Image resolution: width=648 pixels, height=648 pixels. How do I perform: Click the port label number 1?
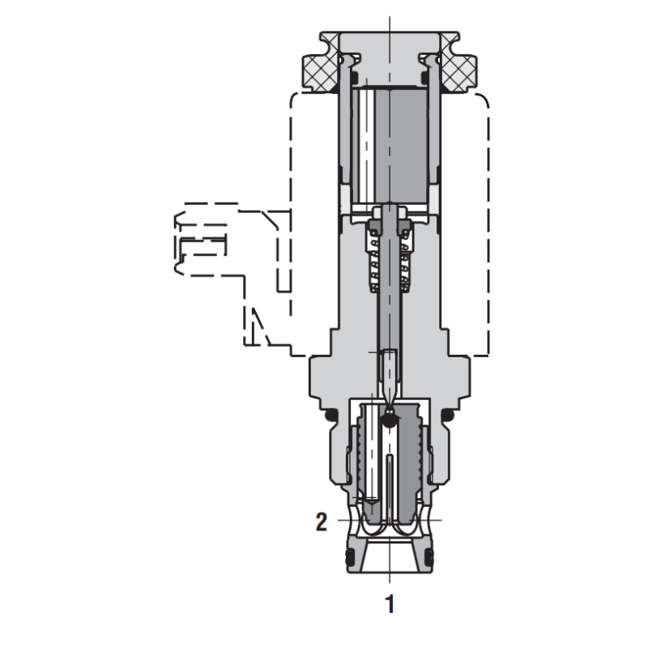tap(390, 603)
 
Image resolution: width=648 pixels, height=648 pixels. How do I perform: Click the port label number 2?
tap(321, 522)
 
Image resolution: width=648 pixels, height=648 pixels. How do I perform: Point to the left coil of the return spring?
tap(374, 259)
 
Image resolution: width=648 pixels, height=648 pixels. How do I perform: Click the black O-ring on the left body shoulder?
tap(330, 417)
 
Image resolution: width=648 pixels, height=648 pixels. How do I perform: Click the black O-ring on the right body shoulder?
tap(448, 417)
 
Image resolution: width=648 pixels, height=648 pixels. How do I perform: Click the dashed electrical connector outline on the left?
tap(202, 243)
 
